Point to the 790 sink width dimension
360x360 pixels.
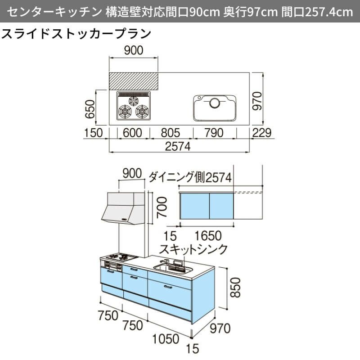tap(214, 132)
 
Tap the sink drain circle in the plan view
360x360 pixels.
tap(215, 103)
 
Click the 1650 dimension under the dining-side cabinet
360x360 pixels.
tap(209, 235)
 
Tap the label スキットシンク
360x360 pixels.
tap(194, 249)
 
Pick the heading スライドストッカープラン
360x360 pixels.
tap(76, 34)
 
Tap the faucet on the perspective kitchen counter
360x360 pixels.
tap(165, 262)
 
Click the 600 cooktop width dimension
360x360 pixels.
tap(132, 132)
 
